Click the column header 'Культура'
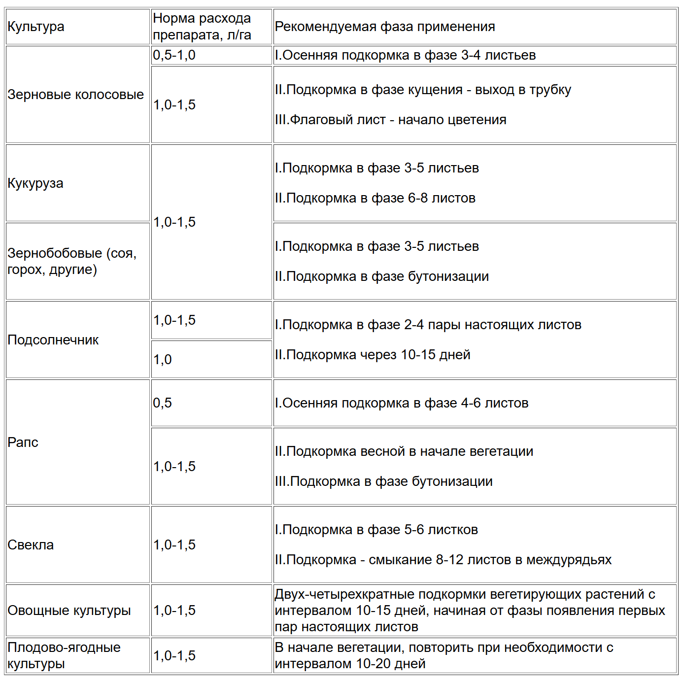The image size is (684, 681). click(36, 27)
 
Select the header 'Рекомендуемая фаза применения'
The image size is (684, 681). click(385, 27)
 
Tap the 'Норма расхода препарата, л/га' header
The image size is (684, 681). click(202, 27)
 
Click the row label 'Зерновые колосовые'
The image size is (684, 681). click(76, 95)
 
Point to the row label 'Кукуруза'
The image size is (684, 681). click(35, 183)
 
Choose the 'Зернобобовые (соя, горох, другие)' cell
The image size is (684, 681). click(72, 261)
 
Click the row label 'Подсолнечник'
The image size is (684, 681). click(53, 340)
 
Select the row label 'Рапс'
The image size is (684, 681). click(23, 443)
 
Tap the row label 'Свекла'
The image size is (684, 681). click(31, 545)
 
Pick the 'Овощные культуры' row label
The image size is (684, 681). click(69, 611)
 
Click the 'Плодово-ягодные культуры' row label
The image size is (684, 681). click(64, 655)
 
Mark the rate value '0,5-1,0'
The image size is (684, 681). click(174, 55)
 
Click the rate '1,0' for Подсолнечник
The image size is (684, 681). click(163, 360)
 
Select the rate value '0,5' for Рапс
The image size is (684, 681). click(163, 403)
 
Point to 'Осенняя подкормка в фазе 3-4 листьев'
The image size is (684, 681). click(406, 55)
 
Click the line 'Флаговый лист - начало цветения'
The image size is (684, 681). click(391, 120)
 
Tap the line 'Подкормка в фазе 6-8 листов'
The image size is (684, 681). click(376, 198)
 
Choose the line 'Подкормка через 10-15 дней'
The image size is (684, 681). click(373, 355)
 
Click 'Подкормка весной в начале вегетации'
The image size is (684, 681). click(405, 451)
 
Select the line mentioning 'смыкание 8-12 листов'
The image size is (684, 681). click(444, 560)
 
